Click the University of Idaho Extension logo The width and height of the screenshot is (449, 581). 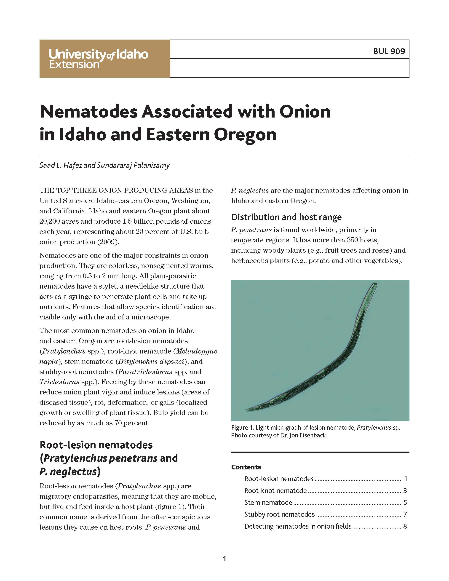pyautogui.click(x=98, y=59)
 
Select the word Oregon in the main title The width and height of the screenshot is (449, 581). pyautogui.click(x=245, y=135)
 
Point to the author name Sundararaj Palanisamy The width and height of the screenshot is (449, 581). pyautogui.click(x=133, y=165)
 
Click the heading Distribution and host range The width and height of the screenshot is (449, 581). pyautogui.click(x=286, y=217)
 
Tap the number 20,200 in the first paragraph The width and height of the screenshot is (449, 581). pyautogui.click(x=50, y=221)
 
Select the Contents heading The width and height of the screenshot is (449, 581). pyautogui.click(x=246, y=467)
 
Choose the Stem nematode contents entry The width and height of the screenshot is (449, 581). pyautogui.click(x=268, y=502)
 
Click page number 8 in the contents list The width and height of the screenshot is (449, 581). pyautogui.click(x=405, y=526)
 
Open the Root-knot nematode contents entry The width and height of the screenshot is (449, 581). pyautogui.click(x=275, y=490)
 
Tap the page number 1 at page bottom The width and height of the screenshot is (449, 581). pyautogui.click(x=224, y=559)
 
